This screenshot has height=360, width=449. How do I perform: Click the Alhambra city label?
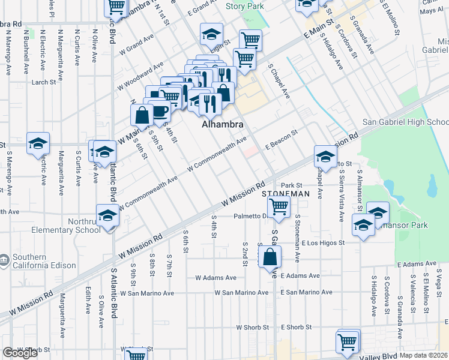point(222,125)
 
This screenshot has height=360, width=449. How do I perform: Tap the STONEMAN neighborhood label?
point(286,194)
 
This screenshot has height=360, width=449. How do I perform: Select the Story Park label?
point(245,6)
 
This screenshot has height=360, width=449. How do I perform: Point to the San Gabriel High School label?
point(405,122)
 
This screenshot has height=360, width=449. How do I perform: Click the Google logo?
point(20,353)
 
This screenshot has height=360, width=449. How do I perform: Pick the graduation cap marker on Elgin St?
point(211,35)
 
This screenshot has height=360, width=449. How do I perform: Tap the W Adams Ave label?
point(216,278)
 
